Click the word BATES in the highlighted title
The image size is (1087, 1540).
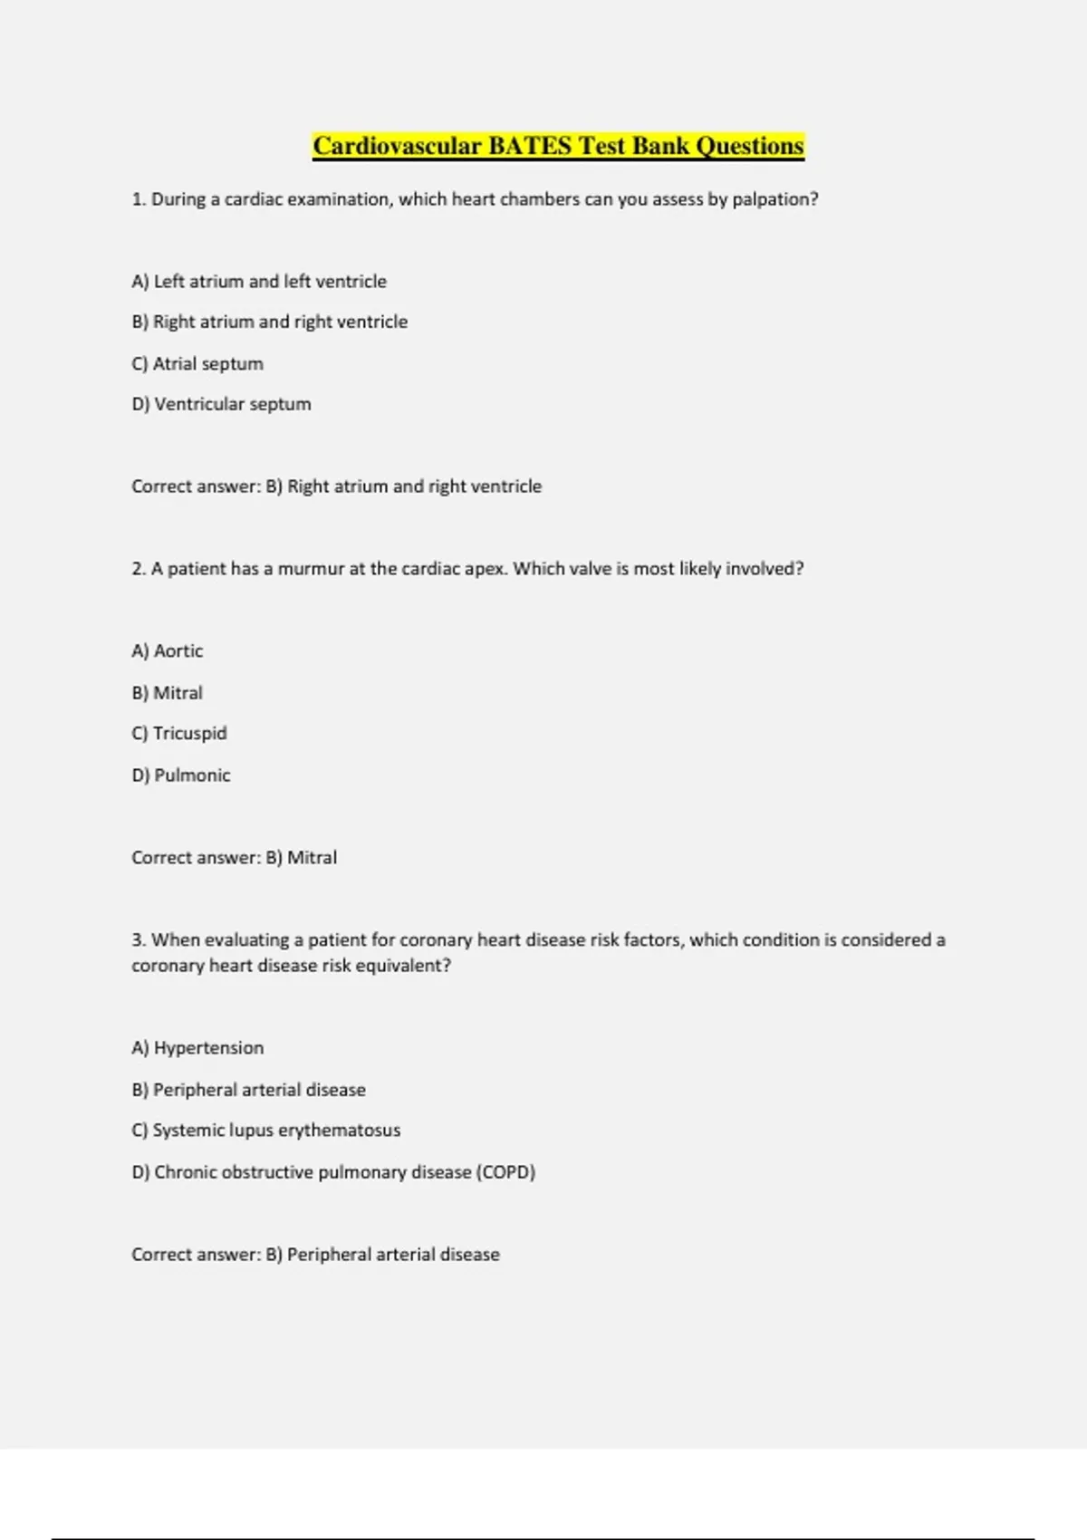click(530, 146)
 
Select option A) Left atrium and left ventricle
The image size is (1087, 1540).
click(259, 282)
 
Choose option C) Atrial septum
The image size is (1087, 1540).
click(197, 363)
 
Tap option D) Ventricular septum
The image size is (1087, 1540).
click(221, 404)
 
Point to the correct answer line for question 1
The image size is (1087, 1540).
click(336, 486)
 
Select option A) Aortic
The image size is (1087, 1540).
click(168, 651)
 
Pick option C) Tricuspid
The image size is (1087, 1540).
click(179, 733)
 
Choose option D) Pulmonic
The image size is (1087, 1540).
click(181, 775)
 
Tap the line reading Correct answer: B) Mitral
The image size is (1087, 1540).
click(234, 858)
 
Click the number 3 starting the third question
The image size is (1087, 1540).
click(137, 940)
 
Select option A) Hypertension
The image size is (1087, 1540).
click(197, 1048)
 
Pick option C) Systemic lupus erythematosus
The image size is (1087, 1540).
click(265, 1131)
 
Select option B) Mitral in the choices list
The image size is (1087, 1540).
click(168, 693)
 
